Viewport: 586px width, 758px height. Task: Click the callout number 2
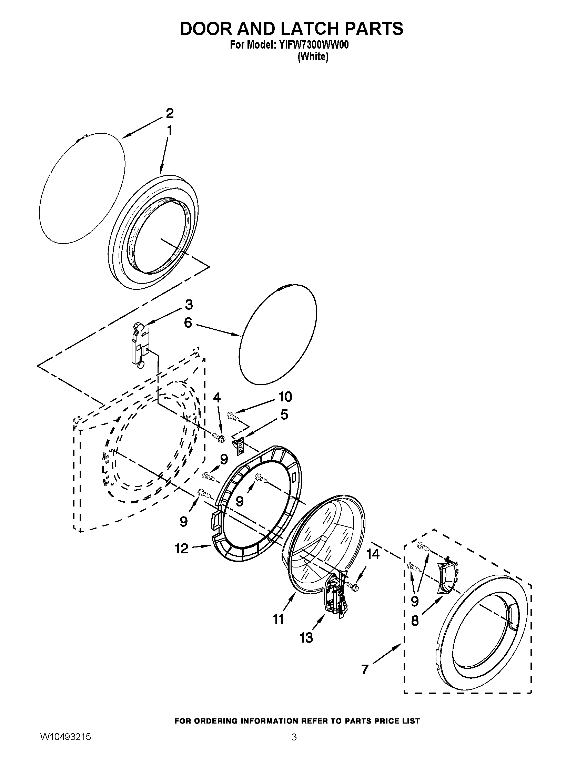(169, 113)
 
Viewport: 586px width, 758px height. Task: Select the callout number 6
(188, 323)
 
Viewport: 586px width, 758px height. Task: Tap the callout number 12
(182, 549)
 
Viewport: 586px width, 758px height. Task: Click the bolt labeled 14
(354, 586)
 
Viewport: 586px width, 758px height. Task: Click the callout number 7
(364, 669)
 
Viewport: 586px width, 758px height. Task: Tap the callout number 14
(373, 554)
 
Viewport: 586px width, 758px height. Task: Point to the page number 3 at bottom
(294, 744)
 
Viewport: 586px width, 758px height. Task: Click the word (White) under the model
(312, 57)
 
